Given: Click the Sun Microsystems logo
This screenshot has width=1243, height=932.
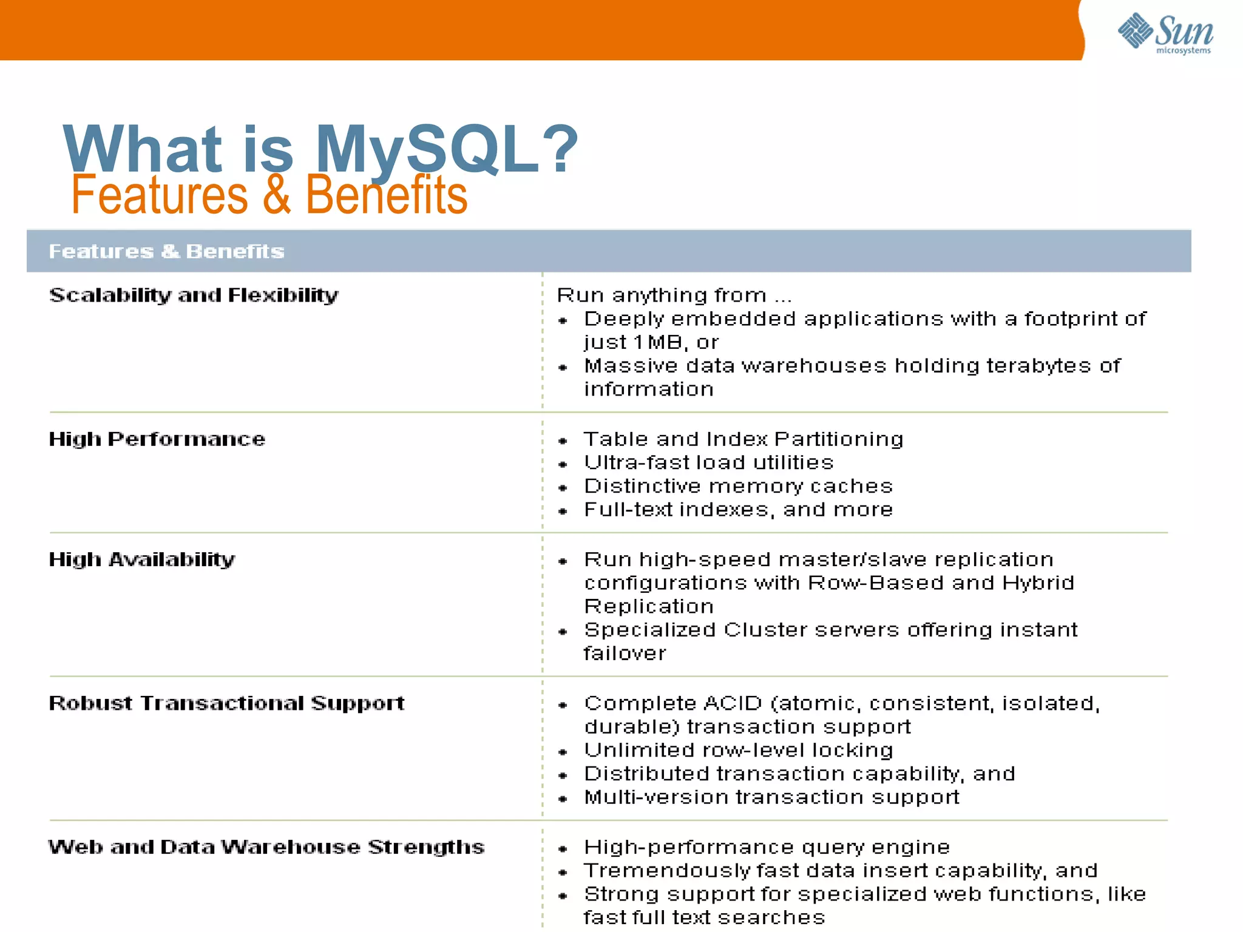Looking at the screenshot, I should point(1165,33).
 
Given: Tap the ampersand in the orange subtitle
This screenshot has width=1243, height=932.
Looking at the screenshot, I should point(277,195).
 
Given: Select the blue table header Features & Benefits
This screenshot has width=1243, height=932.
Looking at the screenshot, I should point(166,251).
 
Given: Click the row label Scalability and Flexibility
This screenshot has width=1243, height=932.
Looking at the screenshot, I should point(193,295).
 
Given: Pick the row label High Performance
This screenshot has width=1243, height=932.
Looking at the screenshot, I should point(157,439).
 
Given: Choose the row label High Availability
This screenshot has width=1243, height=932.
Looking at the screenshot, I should point(141,559).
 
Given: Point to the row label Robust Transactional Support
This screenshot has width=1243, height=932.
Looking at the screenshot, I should point(226,703).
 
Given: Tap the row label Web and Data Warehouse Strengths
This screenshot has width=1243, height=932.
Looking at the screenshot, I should point(266,847).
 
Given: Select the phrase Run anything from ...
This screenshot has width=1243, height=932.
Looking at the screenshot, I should point(662,295).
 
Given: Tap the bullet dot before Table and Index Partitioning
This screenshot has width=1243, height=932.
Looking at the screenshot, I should point(563,441).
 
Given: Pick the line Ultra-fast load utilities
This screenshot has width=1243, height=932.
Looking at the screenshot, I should point(708,462).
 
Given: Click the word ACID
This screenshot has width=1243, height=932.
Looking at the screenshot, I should point(733,703).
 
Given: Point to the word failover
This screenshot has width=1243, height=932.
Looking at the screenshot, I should point(625,653).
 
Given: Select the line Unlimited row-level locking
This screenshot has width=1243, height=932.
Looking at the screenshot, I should point(738,750).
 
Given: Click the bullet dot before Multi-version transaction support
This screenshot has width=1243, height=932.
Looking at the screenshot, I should point(563,799).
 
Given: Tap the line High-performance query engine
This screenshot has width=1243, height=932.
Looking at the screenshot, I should point(767,847).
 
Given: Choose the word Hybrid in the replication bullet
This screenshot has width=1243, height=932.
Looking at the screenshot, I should point(1038,583).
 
